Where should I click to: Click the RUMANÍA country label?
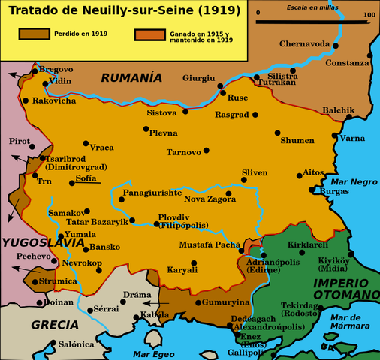[131, 76]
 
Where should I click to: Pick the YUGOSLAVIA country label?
[42, 242]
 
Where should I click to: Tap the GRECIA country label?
[54, 324]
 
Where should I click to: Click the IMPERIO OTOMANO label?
[345, 289]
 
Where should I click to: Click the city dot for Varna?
[334, 136]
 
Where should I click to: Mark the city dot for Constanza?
[370, 56]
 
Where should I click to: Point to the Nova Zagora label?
[205, 199]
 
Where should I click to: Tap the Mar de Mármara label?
[350, 322]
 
